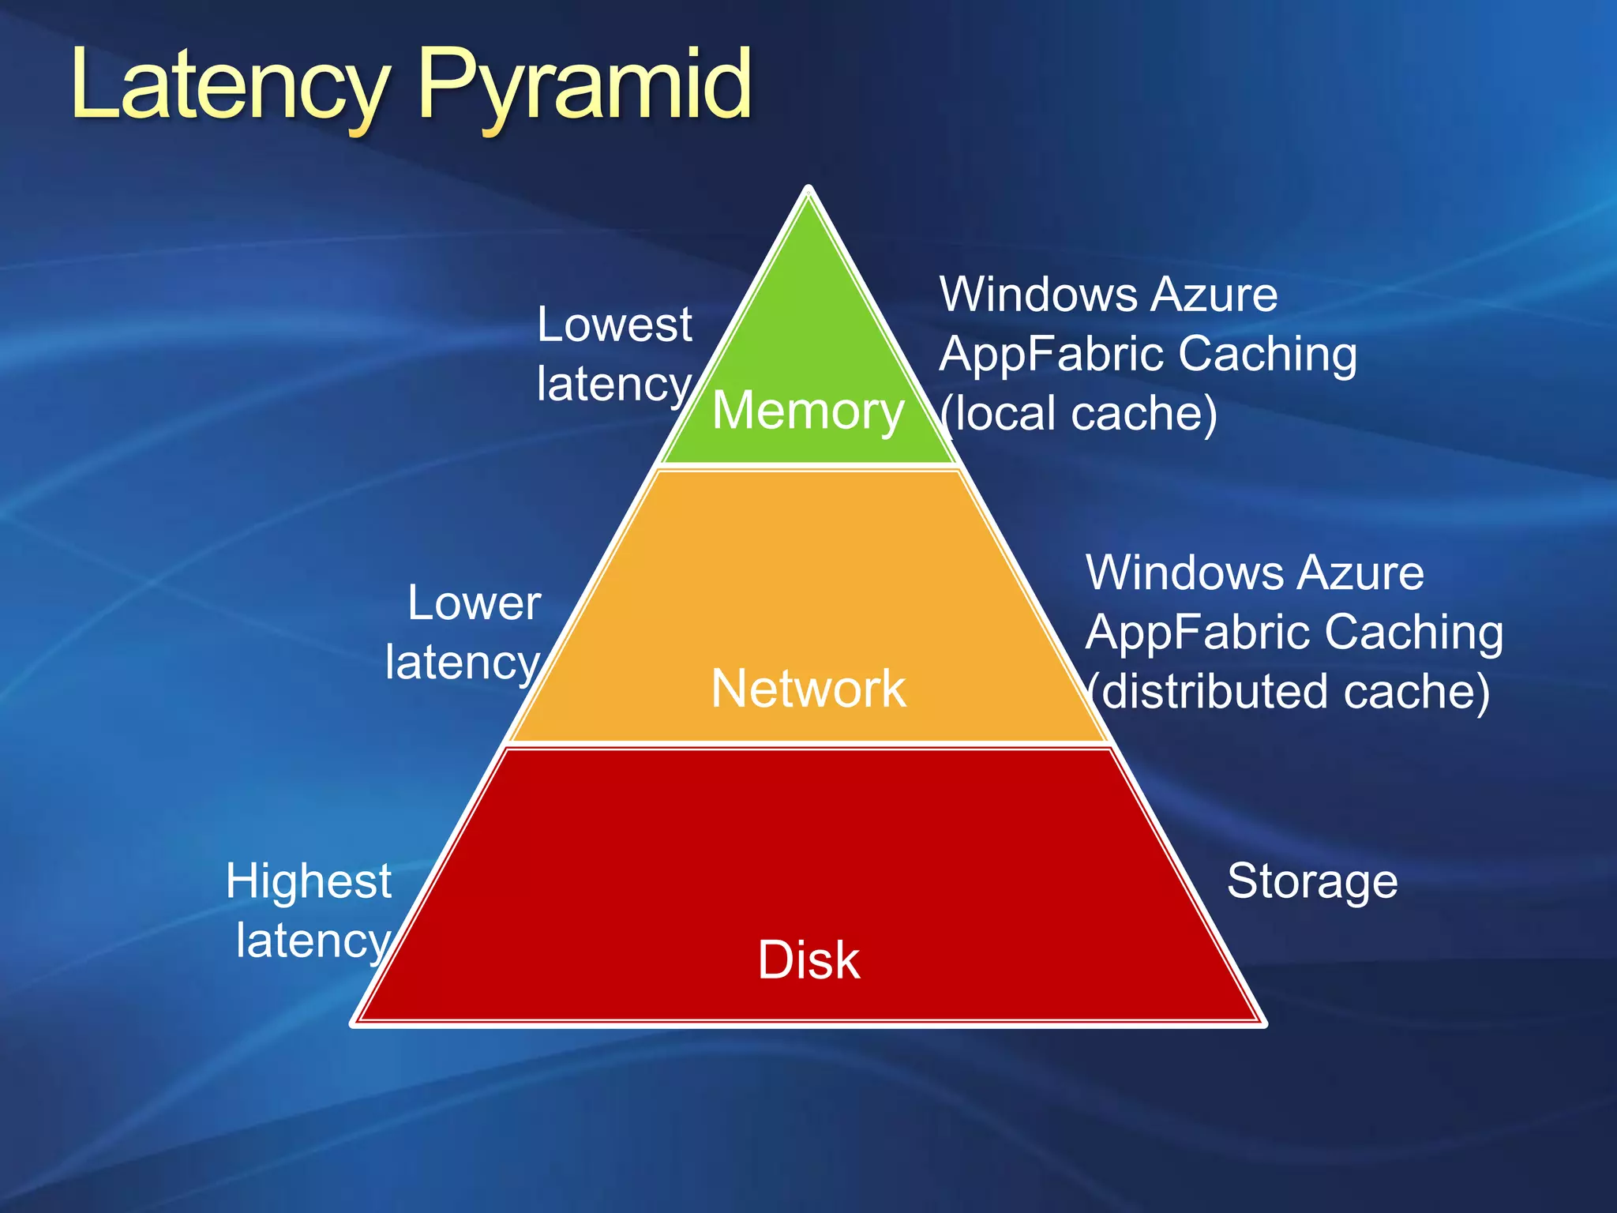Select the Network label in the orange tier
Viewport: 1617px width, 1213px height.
808,688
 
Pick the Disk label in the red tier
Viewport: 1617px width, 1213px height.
808,960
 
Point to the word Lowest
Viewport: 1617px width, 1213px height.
614,325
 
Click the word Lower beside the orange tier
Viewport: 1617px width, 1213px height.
475,603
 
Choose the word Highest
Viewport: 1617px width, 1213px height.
309,881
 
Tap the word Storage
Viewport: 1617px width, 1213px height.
1312,881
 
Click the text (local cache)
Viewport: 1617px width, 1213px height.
1079,413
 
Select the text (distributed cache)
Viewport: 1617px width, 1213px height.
1289,691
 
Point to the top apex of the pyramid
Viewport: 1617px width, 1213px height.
808,190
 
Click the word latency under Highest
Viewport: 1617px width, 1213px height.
313,941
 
